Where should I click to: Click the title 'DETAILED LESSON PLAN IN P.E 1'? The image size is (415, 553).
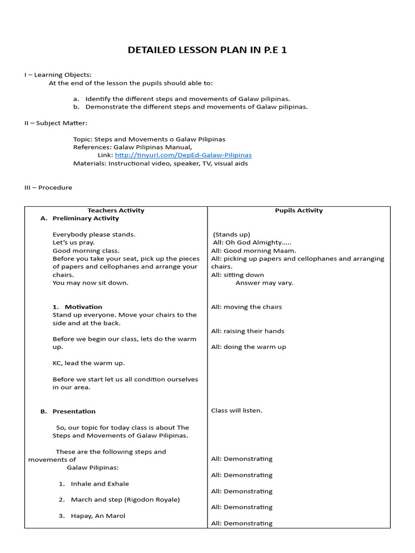pos(207,51)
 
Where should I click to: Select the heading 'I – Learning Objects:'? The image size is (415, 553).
pos(58,75)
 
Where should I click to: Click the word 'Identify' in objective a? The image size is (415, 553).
pos(98,99)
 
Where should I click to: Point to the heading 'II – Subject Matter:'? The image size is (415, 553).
pos(56,123)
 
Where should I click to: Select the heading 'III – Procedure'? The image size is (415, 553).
pos(48,187)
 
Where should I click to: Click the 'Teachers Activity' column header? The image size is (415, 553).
pos(116,211)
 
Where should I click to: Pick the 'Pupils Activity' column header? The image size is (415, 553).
pos(298,211)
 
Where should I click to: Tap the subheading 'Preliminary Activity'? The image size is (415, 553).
pos(85,218)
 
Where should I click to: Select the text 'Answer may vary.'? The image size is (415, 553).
pos(264,282)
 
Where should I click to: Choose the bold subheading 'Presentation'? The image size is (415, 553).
pos(73,411)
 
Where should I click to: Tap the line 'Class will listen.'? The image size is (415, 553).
pos(237,410)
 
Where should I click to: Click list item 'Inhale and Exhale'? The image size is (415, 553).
pos(100,484)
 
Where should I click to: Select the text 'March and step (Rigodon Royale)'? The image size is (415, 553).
pos(125,500)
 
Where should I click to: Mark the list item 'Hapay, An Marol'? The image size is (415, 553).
pos(98,516)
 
